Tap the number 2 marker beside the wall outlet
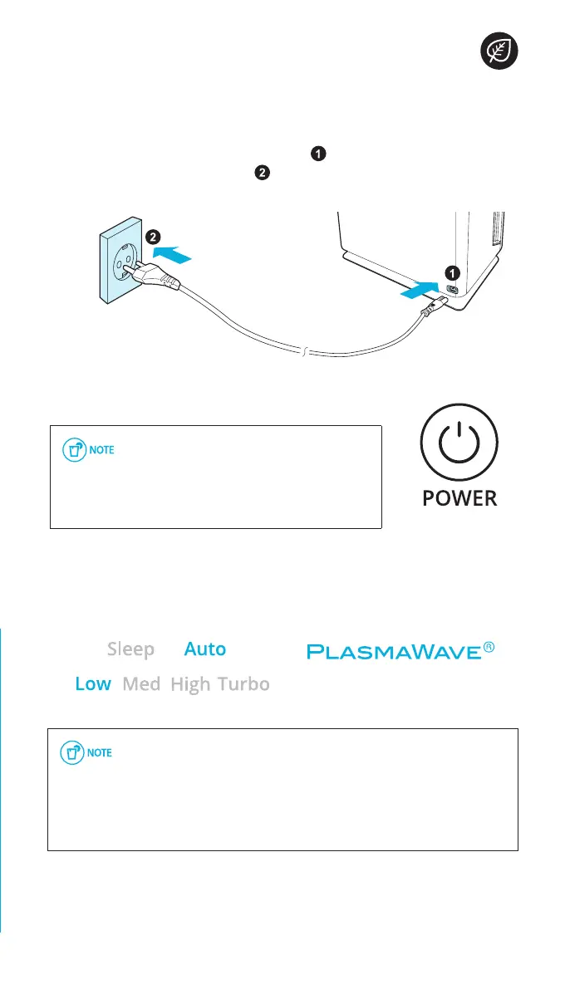pos(153,237)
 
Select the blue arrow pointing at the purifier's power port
pos(418,291)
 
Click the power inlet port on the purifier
pos(453,290)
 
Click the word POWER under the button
pos(459,498)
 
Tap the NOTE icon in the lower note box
pos(86,753)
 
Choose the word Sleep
pos(130,649)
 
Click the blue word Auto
pos(204,649)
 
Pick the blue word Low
pos(93,684)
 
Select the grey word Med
pos(141,684)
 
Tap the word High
pos(190,684)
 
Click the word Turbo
pos(244,684)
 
